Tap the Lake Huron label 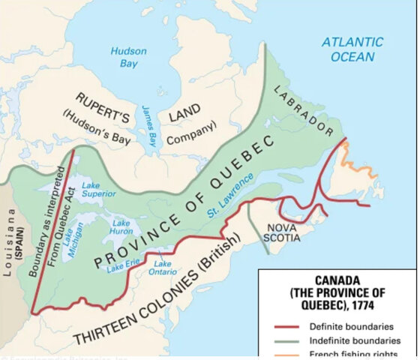[x=121, y=227]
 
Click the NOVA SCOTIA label [x=280, y=231]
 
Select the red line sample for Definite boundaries [x=286, y=326]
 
